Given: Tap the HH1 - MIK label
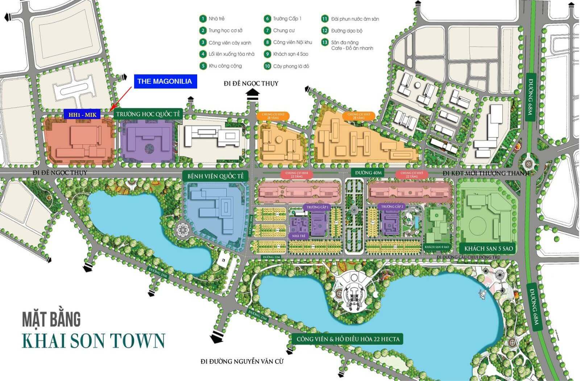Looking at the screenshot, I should point(83,115).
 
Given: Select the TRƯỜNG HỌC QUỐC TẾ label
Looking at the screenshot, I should point(148,114).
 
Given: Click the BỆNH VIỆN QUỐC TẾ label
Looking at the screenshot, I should point(216,176).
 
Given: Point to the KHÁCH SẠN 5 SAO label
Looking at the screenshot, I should point(489,249).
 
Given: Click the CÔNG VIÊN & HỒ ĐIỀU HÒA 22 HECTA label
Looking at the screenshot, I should point(348,339).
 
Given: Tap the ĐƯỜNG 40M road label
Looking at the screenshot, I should point(368,173).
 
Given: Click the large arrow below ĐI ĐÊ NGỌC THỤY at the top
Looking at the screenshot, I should point(253,95).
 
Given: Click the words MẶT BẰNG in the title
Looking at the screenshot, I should point(51,319).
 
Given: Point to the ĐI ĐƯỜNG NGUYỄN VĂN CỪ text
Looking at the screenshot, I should point(242,361).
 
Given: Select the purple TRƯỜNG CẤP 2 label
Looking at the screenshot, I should point(392,206).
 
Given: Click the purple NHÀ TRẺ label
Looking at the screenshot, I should point(299,236).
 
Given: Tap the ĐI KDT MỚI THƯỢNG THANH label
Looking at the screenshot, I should point(486,173).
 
